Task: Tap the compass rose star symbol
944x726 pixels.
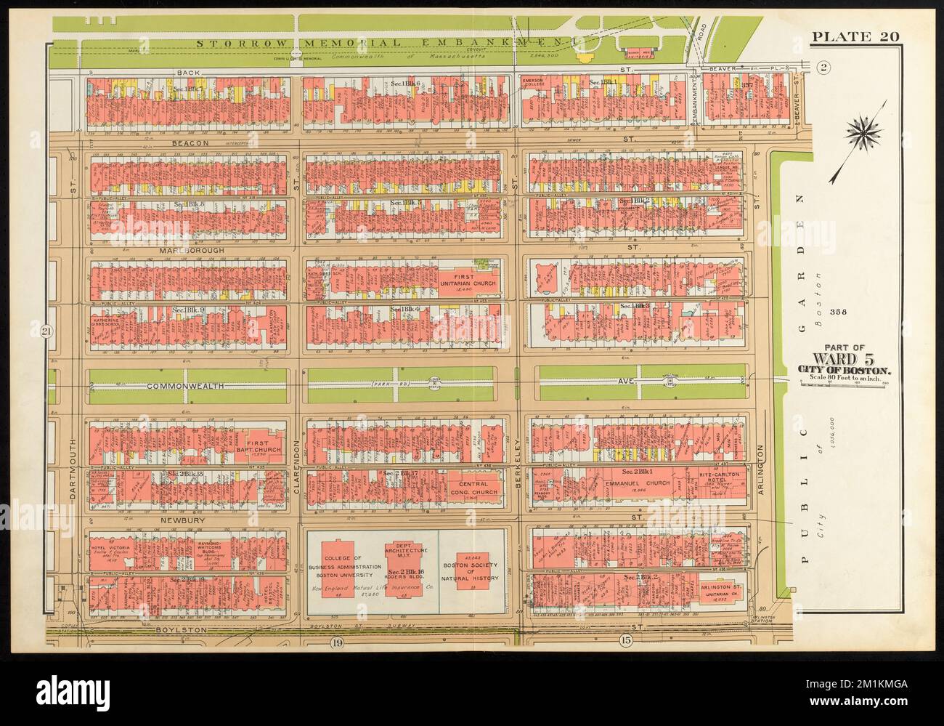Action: pyautogui.click(x=863, y=133)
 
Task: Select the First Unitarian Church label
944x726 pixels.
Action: pyautogui.click(x=464, y=281)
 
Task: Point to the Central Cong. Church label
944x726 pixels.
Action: pyautogui.click(x=477, y=488)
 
